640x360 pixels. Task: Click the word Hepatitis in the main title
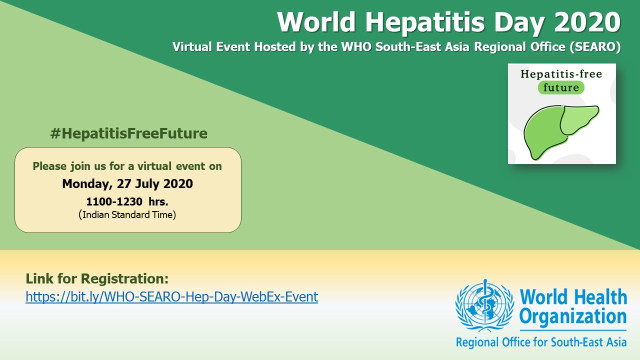pyautogui.click(x=425, y=22)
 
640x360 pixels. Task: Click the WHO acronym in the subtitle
pyautogui.click(x=356, y=46)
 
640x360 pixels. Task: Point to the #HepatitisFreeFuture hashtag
pyautogui.click(x=129, y=133)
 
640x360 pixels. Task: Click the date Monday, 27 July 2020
pyautogui.click(x=127, y=183)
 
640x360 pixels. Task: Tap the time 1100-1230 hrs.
pyautogui.click(x=127, y=201)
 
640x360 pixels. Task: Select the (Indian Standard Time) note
pyautogui.click(x=127, y=214)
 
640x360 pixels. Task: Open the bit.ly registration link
pyautogui.click(x=171, y=296)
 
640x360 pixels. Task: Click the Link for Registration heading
pyautogui.click(x=97, y=278)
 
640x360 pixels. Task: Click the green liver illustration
pyautogui.click(x=561, y=132)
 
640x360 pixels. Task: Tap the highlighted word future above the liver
pyautogui.click(x=561, y=87)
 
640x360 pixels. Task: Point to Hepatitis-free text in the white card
pyautogui.click(x=561, y=74)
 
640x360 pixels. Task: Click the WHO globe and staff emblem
pyautogui.click(x=484, y=305)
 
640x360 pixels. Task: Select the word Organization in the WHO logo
pyautogui.click(x=573, y=317)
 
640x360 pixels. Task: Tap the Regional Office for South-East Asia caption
pyautogui.click(x=541, y=342)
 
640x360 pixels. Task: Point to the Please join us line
pyautogui.click(x=127, y=166)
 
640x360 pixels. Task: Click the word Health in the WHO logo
pyautogui.click(x=600, y=296)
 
